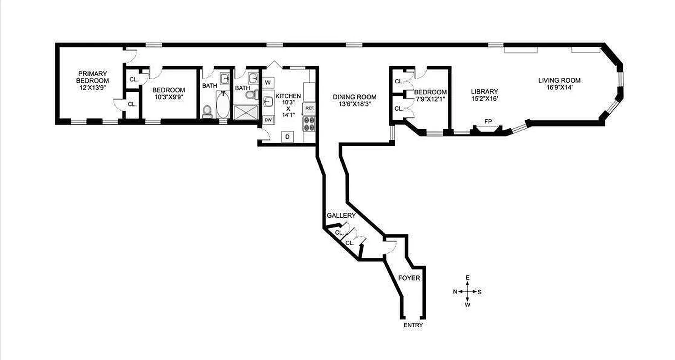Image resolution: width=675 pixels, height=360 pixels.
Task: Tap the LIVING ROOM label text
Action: [559, 81]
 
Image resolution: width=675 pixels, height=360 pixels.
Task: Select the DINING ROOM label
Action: [355, 97]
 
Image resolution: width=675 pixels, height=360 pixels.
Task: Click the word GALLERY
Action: [341, 216]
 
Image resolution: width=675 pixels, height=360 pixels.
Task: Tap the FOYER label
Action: [409, 278]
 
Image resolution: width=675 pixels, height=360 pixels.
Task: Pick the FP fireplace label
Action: [488, 121]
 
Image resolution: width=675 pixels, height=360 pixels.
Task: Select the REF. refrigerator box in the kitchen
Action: [309, 108]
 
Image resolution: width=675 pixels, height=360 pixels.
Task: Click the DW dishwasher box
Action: [268, 120]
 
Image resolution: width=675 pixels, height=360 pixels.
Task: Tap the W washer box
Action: [268, 82]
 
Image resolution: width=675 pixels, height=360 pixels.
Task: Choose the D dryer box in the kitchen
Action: [287, 136]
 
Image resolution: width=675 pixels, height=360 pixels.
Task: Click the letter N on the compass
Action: [455, 292]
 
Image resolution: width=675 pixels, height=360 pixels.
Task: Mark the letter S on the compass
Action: [480, 292]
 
